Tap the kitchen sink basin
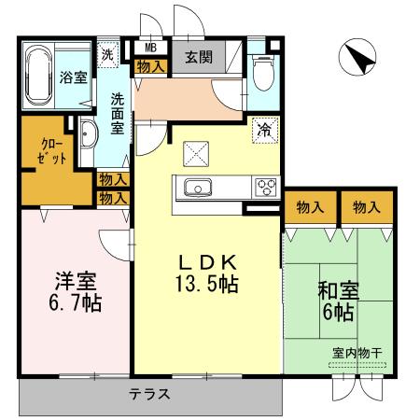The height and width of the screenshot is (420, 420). (200, 187)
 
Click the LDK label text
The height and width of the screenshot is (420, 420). (206, 262)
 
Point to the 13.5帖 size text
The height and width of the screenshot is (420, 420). (207, 282)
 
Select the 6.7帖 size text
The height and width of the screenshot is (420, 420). (73, 302)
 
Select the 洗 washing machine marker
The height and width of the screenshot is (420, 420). (109, 54)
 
